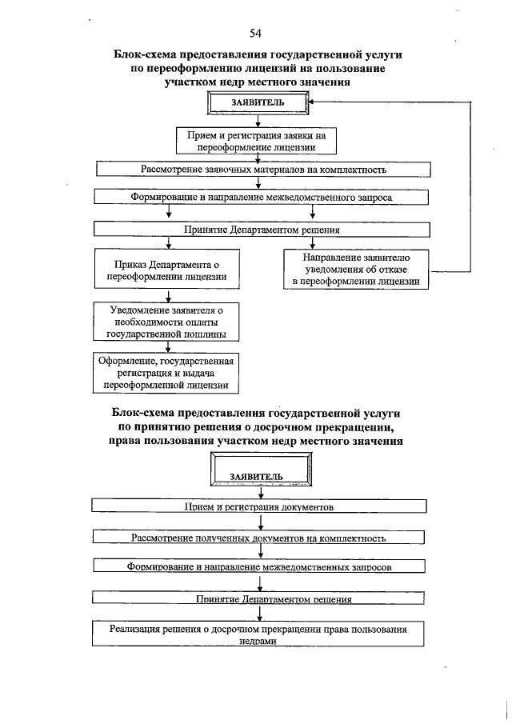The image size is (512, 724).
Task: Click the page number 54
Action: [x=255, y=33]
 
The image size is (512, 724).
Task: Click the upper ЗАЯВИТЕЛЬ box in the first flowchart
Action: [x=257, y=103]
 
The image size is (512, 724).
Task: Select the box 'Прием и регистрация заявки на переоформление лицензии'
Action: [x=257, y=141]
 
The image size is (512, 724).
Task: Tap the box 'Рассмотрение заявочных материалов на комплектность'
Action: [x=263, y=170]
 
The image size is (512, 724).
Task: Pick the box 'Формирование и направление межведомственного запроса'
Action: [x=262, y=197]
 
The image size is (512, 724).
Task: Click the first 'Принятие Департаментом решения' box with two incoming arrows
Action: [x=262, y=229]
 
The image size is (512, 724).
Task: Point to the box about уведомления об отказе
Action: [x=356, y=270]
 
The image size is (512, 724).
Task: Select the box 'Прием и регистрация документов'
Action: [x=258, y=506]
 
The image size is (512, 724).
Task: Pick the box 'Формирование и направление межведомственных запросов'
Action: [x=258, y=566]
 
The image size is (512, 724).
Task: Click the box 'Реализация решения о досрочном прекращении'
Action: [x=258, y=633]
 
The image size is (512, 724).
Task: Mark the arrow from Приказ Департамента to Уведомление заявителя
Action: [x=167, y=296]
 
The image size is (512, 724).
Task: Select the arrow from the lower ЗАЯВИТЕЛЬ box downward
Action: [x=261, y=492]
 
